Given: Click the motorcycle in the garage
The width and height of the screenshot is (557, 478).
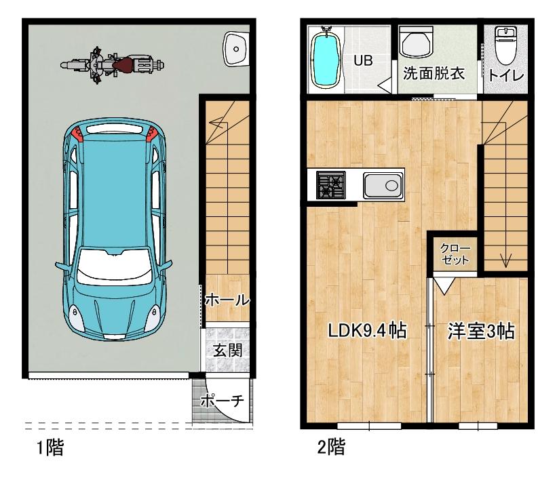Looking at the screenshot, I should [x=112, y=66].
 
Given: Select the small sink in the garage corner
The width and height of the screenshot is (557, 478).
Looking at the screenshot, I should [x=235, y=47].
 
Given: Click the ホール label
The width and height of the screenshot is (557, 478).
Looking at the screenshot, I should [x=226, y=300].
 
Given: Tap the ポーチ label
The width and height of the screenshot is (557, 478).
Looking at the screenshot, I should [x=222, y=401].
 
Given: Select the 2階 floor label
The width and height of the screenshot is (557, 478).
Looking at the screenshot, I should [x=330, y=448].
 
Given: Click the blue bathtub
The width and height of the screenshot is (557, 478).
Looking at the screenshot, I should [x=326, y=60].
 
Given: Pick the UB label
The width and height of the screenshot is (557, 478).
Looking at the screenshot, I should [x=362, y=60].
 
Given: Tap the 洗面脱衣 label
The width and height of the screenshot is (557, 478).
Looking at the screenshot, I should [x=434, y=73].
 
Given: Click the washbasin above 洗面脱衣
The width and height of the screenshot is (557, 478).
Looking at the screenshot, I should [x=414, y=43].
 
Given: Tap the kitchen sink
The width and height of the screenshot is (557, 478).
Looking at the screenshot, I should [x=383, y=184].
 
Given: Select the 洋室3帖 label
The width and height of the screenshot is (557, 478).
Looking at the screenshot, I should [x=480, y=332].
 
